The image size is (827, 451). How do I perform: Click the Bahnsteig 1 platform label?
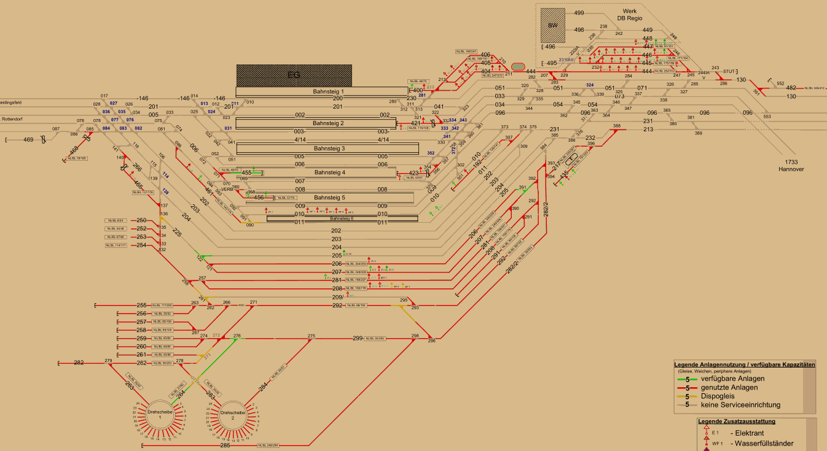point(326,91)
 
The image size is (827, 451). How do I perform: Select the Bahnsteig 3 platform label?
point(326,148)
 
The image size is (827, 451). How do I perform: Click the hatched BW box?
point(552,25)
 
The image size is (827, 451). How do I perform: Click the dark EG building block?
point(294,75)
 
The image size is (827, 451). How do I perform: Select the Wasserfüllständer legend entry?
point(762,443)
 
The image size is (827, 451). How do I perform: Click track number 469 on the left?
point(29,140)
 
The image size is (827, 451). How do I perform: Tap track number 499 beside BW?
point(579,13)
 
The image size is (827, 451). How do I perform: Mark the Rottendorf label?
point(12,119)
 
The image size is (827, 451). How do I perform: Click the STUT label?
point(730,71)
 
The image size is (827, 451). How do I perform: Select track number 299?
point(358,338)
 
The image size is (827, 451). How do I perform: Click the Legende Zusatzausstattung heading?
point(737,422)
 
